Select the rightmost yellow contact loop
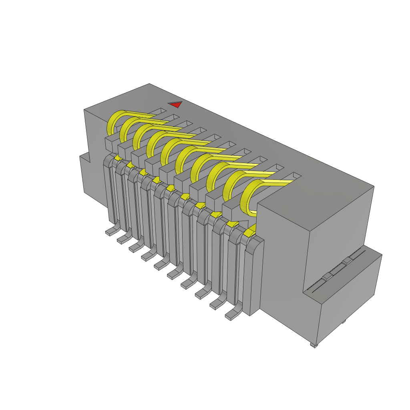tap(247, 198)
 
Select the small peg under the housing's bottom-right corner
tap(313, 345)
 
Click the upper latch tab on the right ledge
tap(347, 261)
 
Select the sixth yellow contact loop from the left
tap(181, 158)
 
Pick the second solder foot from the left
tap(123, 239)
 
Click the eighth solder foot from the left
tap(202, 294)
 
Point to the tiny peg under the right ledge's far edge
tap(344, 322)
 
